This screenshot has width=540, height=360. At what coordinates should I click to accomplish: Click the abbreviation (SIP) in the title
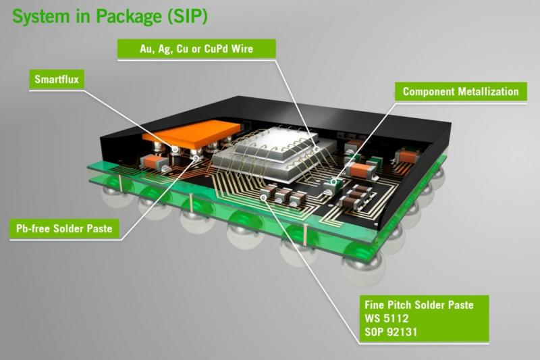188,16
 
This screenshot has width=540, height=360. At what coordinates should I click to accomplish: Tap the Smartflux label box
57,80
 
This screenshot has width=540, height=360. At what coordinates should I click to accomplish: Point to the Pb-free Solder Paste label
64,229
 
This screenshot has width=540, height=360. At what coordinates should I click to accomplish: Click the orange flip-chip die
192,134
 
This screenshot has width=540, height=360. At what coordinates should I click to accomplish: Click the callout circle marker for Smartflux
175,149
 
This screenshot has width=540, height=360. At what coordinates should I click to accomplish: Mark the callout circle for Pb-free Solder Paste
196,158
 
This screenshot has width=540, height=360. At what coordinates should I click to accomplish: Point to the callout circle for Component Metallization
333,181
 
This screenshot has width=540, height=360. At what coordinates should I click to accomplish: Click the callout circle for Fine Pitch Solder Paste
263,197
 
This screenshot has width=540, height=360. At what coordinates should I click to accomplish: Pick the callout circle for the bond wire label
317,149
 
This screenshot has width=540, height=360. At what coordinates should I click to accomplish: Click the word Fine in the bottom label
375,305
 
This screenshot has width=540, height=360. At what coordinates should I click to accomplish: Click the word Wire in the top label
242,49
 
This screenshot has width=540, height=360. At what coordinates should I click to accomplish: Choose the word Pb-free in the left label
33,229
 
